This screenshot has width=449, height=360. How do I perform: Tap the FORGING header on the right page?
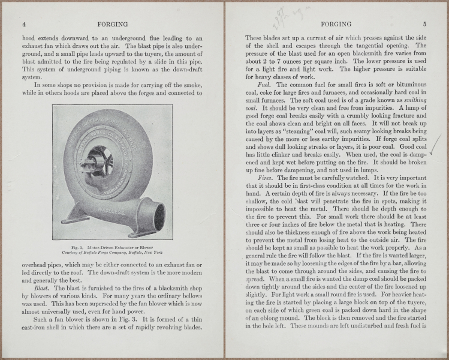[x=336, y=25]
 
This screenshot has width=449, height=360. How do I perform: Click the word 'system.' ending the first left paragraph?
[x=32, y=77]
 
